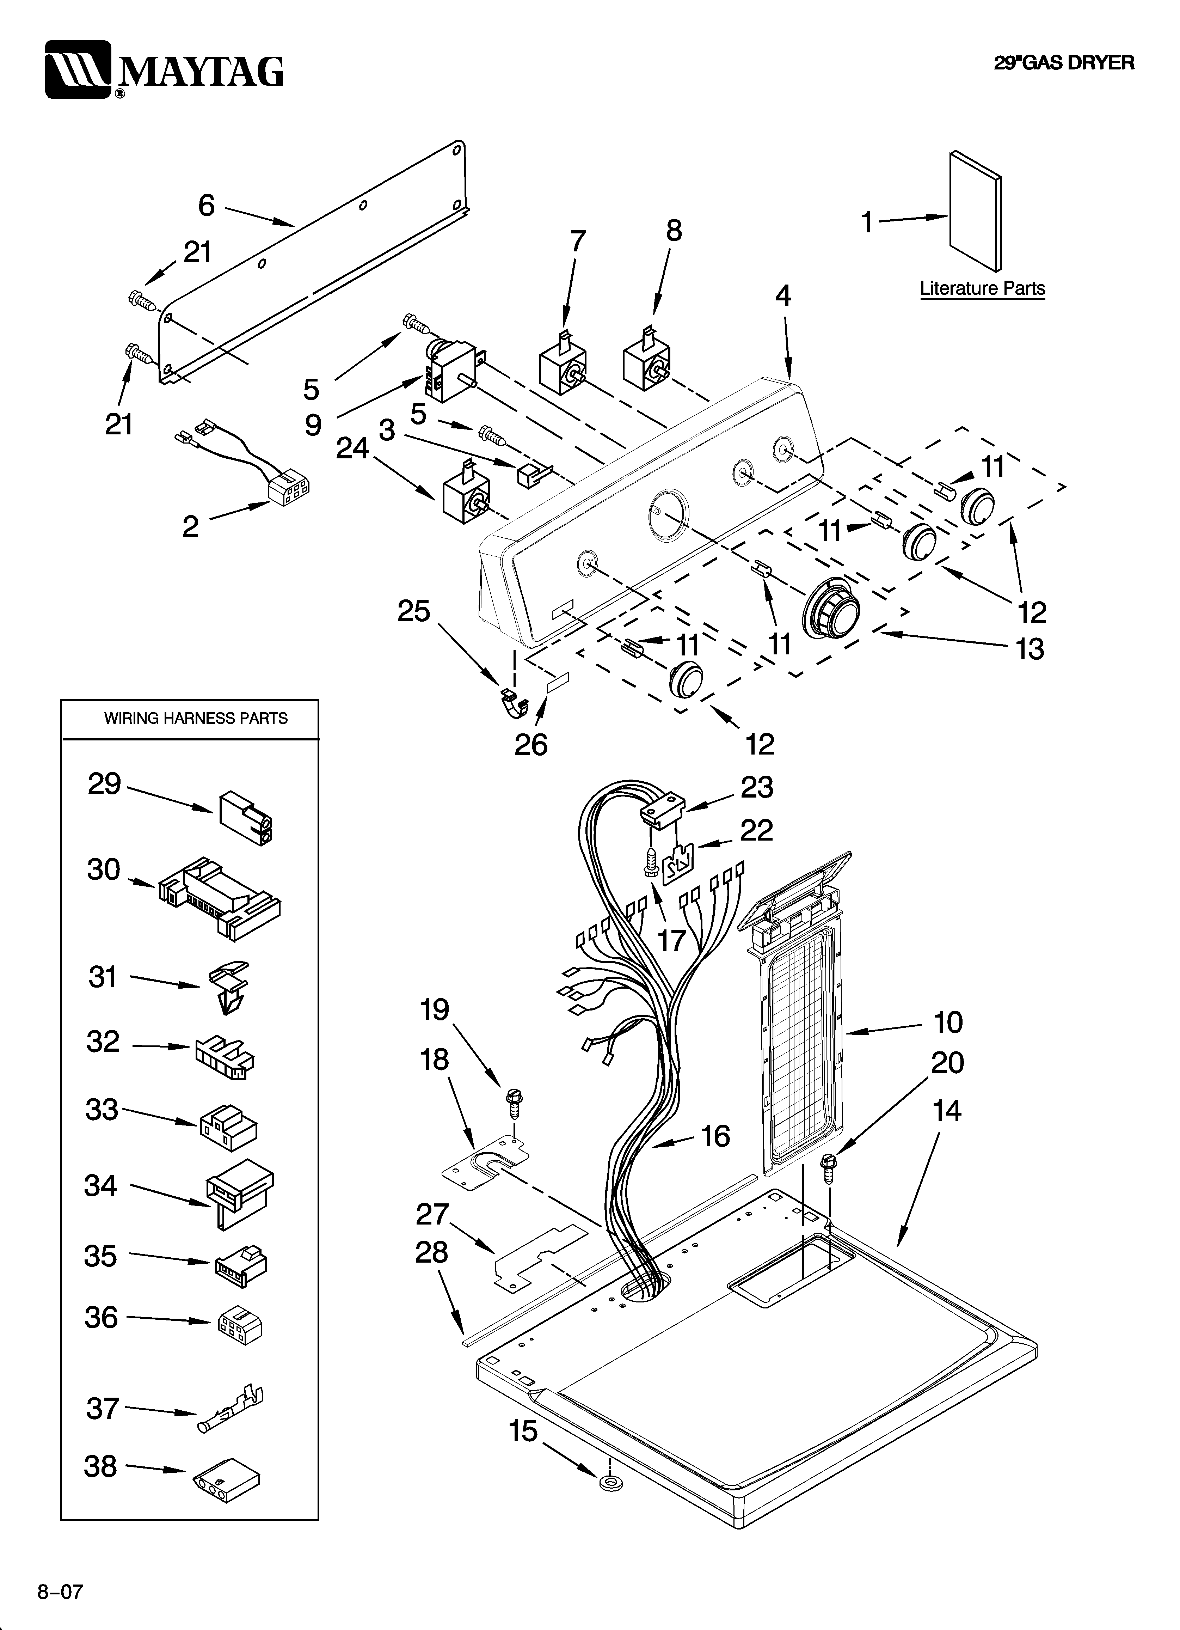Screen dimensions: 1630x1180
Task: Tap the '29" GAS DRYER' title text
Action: pos(1064,63)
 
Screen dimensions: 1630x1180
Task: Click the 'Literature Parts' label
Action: pos(982,288)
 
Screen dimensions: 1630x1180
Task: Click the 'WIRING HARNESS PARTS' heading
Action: pos(196,718)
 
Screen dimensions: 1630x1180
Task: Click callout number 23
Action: pos(757,787)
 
